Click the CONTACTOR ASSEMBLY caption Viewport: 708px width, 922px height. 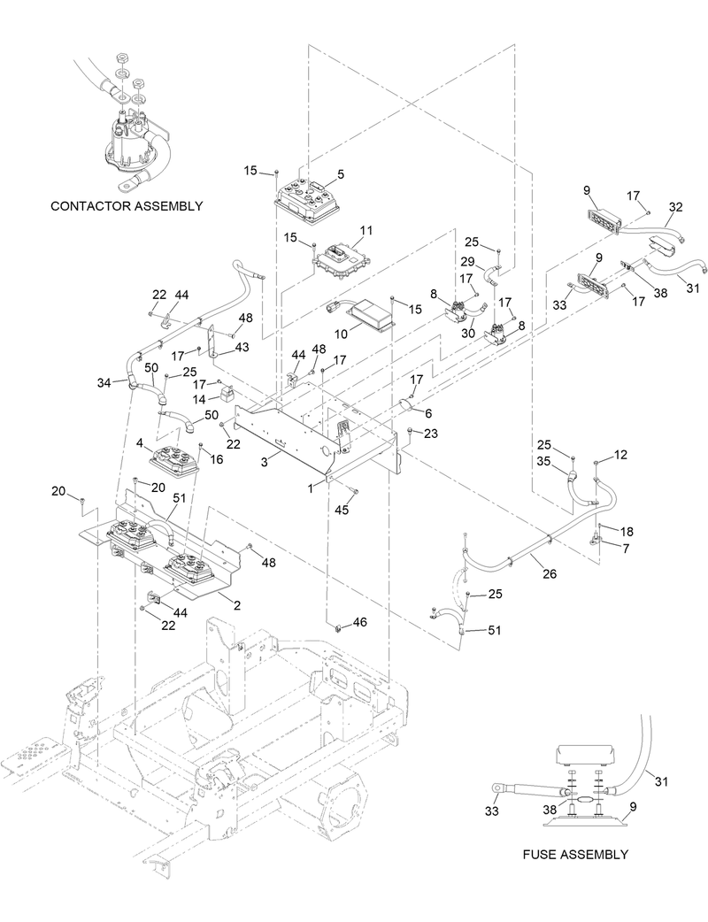(127, 206)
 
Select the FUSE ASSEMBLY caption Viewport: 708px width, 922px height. (575, 854)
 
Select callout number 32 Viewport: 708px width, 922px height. (676, 207)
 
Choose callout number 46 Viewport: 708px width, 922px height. (360, 623)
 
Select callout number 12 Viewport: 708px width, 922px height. (620, 454)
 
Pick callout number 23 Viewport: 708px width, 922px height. (431, 434)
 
